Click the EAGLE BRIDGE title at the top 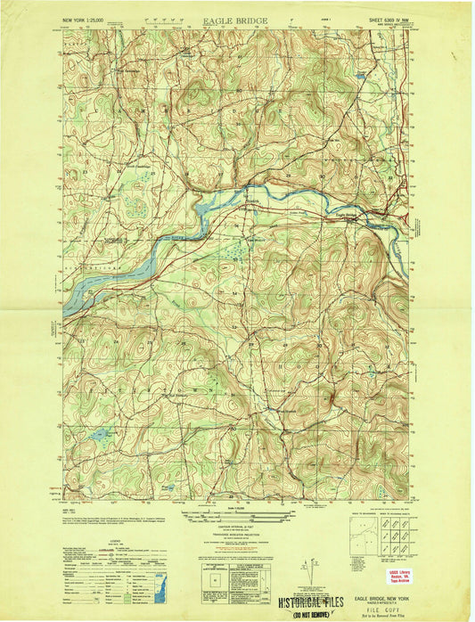(236, 17)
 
